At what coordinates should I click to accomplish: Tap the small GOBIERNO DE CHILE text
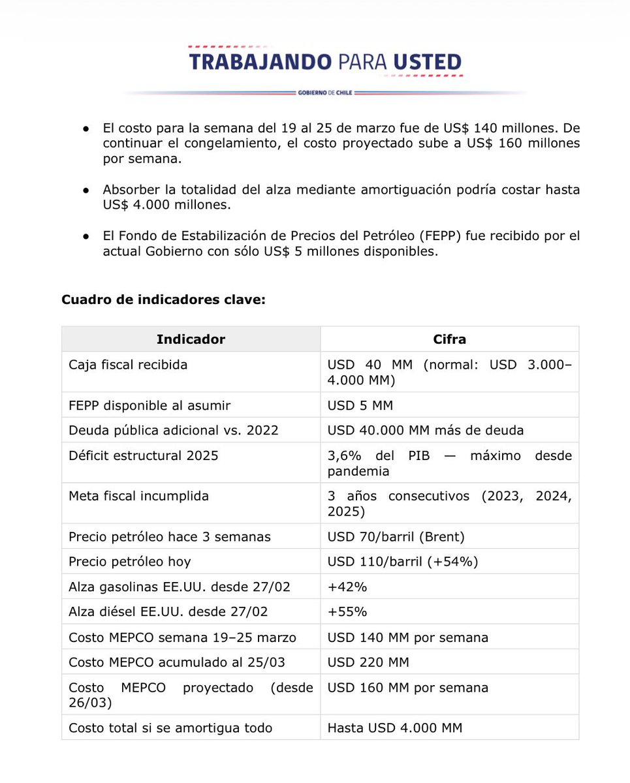coord(324,93)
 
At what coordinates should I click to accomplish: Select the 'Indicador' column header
coord(191,339)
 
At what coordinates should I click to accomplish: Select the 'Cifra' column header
coord(449,339)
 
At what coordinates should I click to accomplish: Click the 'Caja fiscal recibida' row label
coord(128,365)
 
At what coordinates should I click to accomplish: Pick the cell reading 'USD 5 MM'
coord(360,405)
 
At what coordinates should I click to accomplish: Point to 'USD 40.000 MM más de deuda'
coord(425,430)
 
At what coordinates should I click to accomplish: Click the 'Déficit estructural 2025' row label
coord(144,455)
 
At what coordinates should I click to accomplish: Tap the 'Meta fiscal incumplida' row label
coord(138,496)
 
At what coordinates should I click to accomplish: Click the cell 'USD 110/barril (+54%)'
coord(403,561)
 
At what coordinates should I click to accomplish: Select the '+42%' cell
coord(347,587)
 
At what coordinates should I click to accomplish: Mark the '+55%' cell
coord(347,611)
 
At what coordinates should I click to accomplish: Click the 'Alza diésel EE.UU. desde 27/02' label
coord(168,611)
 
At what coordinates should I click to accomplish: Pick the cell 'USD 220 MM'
coord(368,662)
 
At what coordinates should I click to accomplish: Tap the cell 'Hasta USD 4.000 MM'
coord(395,728)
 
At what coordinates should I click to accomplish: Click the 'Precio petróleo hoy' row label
coord(130,561)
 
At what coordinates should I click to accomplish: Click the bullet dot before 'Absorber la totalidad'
coord(86,190)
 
